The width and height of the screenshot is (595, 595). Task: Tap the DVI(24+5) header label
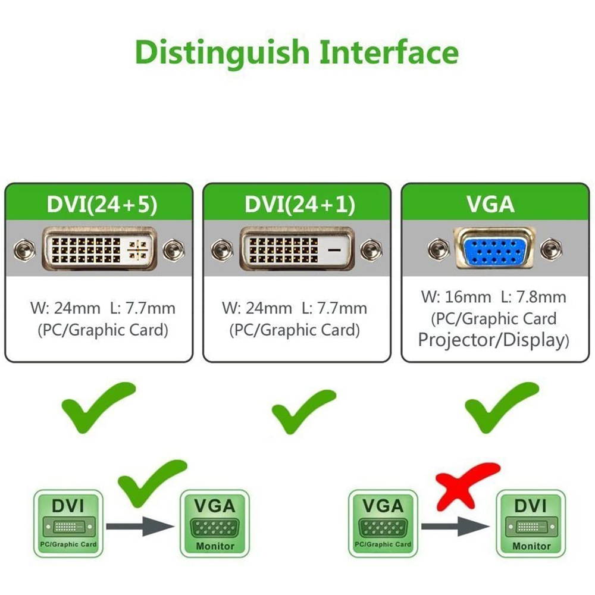[101, 204]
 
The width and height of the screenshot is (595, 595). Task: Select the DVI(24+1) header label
[299, 204]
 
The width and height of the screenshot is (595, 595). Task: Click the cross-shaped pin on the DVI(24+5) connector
[139, 249]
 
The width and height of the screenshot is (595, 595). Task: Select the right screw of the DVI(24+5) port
[174, 249]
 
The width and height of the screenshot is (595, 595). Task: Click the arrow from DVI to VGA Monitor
[140, 526]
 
